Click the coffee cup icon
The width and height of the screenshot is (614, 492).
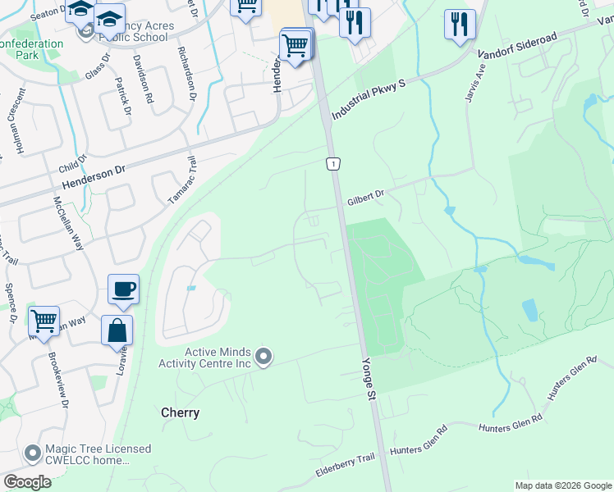click(123, 289)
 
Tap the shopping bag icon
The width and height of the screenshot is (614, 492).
click(117, 330)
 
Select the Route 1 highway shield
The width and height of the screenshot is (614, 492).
click(332, 164)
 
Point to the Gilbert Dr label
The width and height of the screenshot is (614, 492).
click(365, 198)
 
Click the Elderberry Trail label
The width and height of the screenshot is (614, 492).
click(345, 469)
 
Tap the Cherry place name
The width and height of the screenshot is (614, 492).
click(180, 412)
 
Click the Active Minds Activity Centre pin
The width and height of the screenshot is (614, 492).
click(263, 357)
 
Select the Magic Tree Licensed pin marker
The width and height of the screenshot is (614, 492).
click(32, 453)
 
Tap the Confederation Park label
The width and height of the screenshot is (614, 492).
click(32, 49)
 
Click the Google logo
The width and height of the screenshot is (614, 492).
click(27, 481)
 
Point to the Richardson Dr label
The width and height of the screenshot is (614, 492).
click(186, 73)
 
